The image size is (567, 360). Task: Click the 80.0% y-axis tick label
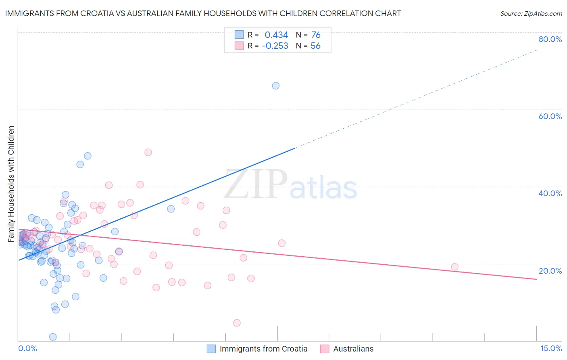tap(550, 39)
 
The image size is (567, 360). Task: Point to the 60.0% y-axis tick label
tap(550, 116)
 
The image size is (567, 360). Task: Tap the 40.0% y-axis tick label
tap(550, 193)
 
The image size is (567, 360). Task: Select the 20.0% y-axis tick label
tap(550, 271)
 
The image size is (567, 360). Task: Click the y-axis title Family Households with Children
tap(11, 184)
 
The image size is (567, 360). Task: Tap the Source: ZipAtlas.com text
tap(531, 13)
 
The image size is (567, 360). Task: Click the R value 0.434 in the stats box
tap(276, 35)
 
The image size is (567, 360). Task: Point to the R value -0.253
tap(275, 46)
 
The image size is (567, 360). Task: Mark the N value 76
tap(316, 35)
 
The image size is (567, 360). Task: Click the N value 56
tap(315, 46)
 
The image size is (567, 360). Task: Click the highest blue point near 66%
tap(275, 86)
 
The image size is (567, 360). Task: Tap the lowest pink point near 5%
tap(237, 323)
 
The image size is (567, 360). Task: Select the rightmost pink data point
tap(454, 267)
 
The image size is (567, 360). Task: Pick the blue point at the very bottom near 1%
tap(53, 337)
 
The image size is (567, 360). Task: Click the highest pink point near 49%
tap(148, 152)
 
